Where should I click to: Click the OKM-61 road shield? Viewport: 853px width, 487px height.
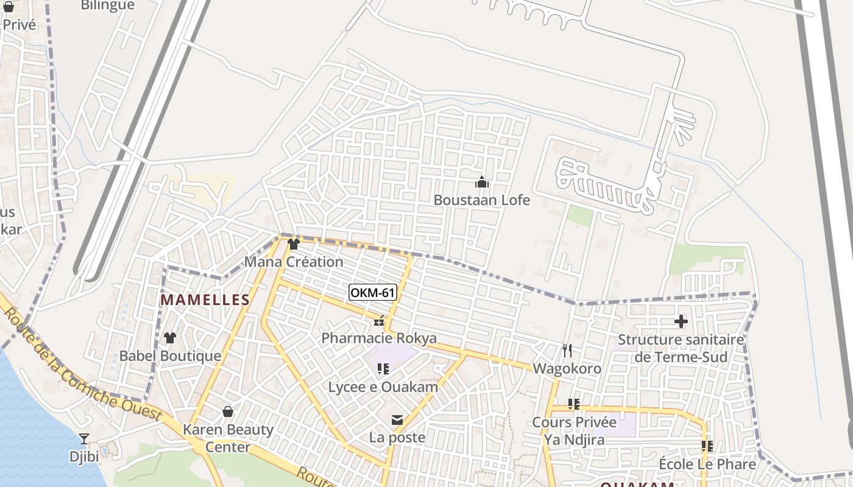tap(373, 293)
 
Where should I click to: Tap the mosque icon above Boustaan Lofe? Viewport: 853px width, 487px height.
tap(482, 182)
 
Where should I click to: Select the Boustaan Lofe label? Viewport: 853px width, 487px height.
tap(481, 200)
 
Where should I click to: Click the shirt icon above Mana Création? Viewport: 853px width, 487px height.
tap(294, 244)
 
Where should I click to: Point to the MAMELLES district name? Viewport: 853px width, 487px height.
tap(205, 300)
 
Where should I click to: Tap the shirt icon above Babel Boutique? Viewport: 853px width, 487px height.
tap(170, 338)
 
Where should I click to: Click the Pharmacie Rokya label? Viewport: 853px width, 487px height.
tap(379, 338)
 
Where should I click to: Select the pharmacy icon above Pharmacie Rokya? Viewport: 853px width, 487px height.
tap(379, 321)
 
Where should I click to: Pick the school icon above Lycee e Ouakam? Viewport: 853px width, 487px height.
tap(383, 369)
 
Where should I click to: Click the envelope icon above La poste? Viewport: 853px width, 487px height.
tap(397, 420)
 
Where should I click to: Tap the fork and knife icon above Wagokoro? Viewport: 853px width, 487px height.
tap(567, 351)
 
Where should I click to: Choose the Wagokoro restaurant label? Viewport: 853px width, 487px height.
tap(567, 368)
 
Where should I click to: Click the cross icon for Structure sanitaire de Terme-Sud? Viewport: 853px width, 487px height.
tap(681, 321)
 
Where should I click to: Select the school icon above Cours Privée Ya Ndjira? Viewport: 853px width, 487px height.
tap(573, 404)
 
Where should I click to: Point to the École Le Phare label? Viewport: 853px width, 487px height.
tap(707, 464)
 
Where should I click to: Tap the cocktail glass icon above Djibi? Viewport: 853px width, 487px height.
tap(84, 439)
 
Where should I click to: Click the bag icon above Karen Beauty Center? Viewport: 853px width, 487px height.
tap(228, 412)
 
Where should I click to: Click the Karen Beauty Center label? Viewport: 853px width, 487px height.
tap(228, 438)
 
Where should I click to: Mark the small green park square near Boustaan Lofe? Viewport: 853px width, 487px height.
tap(580, 216)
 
